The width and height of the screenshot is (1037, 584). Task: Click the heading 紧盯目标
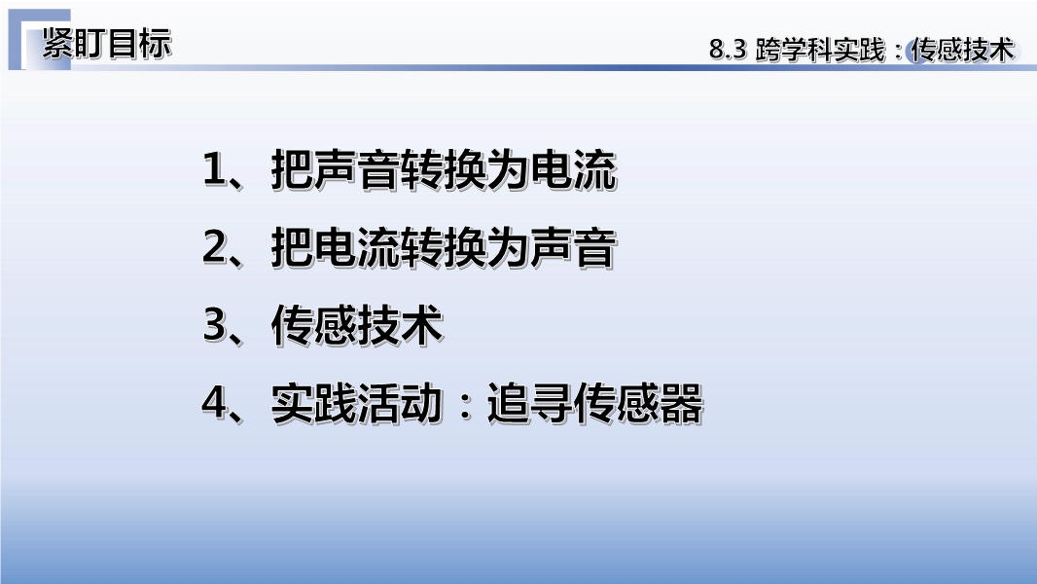pos(107,44)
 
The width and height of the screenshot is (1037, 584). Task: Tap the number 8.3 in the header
pos(728,50)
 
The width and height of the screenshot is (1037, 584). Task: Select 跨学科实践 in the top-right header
pos(820,50)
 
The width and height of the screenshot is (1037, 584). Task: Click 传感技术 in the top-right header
pos(962,50)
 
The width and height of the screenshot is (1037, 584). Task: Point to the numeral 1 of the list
pos(214,169)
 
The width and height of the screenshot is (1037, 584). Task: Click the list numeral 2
pos(214,247)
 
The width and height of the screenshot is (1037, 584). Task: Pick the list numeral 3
pos(214,325)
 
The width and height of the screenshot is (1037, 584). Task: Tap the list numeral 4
pos(214,402)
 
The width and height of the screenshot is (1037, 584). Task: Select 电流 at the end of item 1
pos(574,170)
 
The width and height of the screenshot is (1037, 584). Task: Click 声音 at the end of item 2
pos(574,248)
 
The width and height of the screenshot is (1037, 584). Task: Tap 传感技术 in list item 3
pos(357,325)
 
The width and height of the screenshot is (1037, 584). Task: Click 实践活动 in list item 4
pos(357,403)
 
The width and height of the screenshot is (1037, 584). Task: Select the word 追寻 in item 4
pos(530,403)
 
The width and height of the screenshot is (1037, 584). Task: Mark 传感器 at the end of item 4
pos(638,403)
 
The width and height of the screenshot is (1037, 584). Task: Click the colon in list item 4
pos(466,404)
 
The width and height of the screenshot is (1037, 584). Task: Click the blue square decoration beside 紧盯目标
pos(39,40)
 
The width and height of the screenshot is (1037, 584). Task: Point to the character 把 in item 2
pos(292,248)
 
